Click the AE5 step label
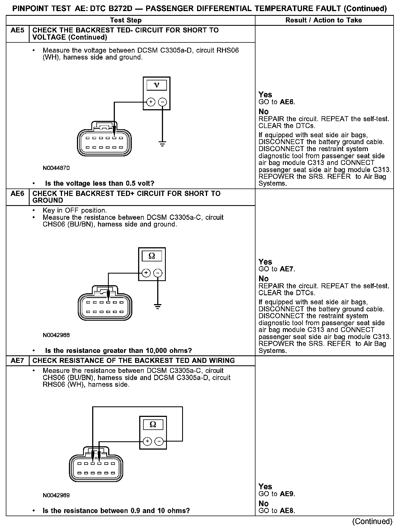pyautogui.click(x=17, y=30)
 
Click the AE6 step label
pyautogui.click(x=17, y=193)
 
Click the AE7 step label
pyautogui.click(x=17, y=361)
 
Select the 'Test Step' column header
pyautogui.click(x=126, y=20)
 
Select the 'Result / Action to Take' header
pyautogui.click(x=324, y=20)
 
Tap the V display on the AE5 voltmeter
pyautogui.click(x=157, y=85)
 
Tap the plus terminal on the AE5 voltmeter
pyautogui.click(x=151, y=102)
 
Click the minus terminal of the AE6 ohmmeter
pyautogui.click(x=158, y=273)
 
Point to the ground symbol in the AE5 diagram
pyautogui.click(x=162, y=144)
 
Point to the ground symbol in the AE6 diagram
pyautogui.click(x=158, y=307)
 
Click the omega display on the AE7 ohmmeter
pyautogui.click(x=153, y=424)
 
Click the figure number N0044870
pyautogui.click(x=56, y=168)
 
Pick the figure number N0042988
pyautogui.click(x=56, y=335)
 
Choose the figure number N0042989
pyautogui.click(x=56, y=495)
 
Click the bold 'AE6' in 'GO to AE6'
pyautogui.click(x=287, y=102)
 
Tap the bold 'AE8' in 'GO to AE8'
pyautogui.click(x=287, y=511)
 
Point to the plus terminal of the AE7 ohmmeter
pyautogui.click(x=147, y=441)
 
